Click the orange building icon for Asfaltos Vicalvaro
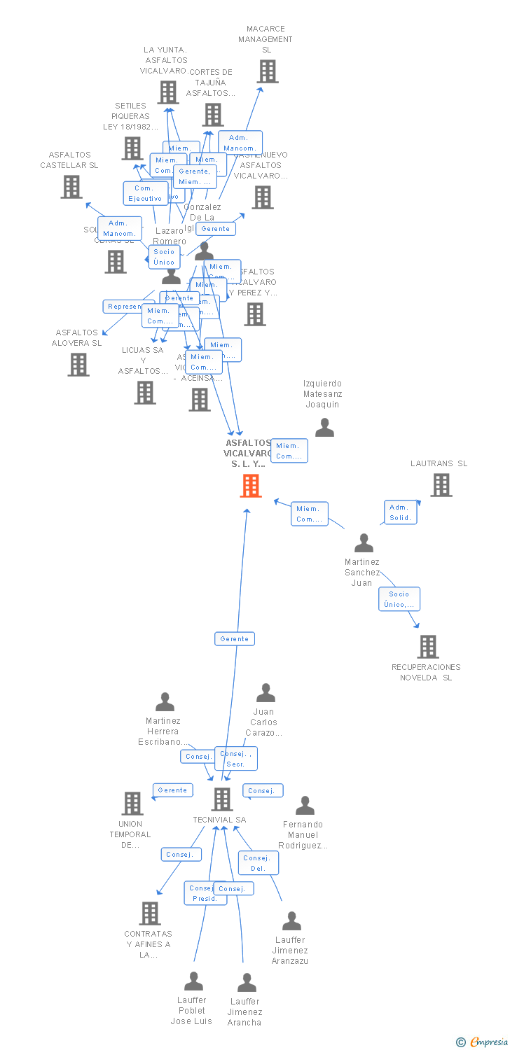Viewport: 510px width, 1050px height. [x=251, y=486]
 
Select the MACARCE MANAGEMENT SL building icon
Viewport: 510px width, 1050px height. [x=267, y=71]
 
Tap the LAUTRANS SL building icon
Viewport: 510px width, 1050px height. [x=441, y=485]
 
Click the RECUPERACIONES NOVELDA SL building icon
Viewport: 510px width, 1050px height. [x=427, y=647]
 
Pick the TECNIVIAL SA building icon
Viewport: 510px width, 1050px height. [x=222, y=799]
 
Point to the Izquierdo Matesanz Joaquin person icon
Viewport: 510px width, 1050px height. [x=324, y=427]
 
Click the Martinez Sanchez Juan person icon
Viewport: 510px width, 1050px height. [x=364, y=543]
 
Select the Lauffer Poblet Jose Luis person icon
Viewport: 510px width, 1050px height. [x=193, y=981]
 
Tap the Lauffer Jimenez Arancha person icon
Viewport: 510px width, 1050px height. [x=247, y=983]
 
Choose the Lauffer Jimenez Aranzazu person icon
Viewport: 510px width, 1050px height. [x=291, y=921]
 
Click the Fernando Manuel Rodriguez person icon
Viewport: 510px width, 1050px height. [x=305, y=806]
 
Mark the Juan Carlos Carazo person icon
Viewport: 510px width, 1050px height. [x=266, y=693]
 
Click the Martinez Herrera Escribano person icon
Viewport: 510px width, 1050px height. [x=165, y=702]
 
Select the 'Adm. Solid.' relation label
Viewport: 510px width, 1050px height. [x=401, y=512]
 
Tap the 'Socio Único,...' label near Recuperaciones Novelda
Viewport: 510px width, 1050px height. [x=399, y=599]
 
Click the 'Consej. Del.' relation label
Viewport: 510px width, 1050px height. [x=258, y=863]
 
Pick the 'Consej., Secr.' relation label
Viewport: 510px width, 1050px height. [x=235, y=759]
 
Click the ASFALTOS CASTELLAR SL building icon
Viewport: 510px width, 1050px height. [x=71, y=187]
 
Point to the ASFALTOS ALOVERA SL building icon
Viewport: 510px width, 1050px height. [x=78, y=365]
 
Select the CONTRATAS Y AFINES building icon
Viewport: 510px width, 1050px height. [x=150, y=913]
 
